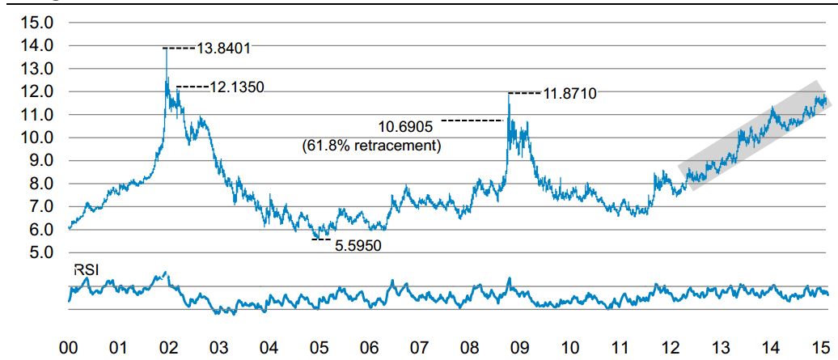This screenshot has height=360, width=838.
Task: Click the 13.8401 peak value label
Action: click(x=224, y=49)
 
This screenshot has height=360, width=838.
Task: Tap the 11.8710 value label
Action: click(x=569, y=94)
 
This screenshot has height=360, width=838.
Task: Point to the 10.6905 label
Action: click(x=407, y=126)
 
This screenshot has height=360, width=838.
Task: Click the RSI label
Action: click(x=86, y=272)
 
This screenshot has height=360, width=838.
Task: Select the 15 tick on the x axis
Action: click(x=818, y=348)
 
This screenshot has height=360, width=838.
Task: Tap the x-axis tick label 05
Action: click(x=319, y=348)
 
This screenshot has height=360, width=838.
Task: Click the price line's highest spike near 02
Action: click(x=166, y=50)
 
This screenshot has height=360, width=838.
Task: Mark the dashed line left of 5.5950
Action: click(x=321, y=239)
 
